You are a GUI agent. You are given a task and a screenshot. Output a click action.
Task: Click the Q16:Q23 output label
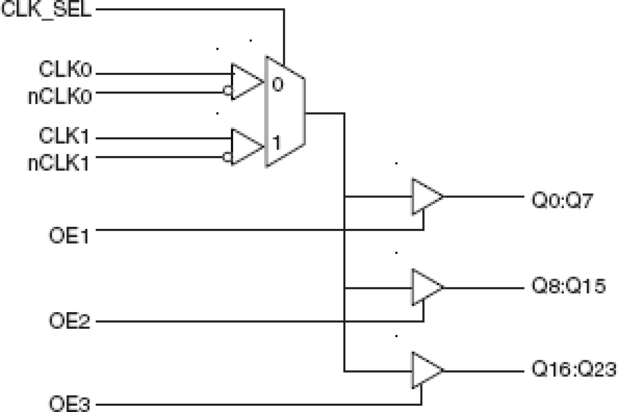[x=573, y=370]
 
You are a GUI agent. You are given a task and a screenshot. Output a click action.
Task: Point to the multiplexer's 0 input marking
[x=278, y=85]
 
